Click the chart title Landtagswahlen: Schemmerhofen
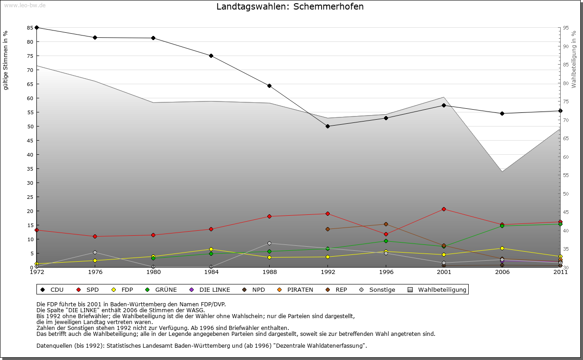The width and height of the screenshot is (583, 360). coord(290,7)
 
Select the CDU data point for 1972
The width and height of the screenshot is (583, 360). coord(36,27)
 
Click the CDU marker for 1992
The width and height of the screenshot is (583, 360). coord(327,126)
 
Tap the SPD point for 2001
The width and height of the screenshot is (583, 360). coord(444,209)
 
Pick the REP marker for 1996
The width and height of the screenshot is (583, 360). coord(386,224)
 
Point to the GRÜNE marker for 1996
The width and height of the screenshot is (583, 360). coord(386,241)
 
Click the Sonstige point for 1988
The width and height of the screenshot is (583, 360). coord(269,243)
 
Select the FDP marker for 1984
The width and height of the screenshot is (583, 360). coord(211,249)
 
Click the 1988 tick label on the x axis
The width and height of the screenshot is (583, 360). coord(269,272)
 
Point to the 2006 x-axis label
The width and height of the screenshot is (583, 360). coord(502,272)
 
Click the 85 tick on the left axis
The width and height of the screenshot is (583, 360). coord(30,28)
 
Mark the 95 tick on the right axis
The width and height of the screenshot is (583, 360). coord(566,28)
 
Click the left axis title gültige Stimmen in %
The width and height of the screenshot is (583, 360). coord(6,60)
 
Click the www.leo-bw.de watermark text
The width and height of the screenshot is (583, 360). coord(25,5)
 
